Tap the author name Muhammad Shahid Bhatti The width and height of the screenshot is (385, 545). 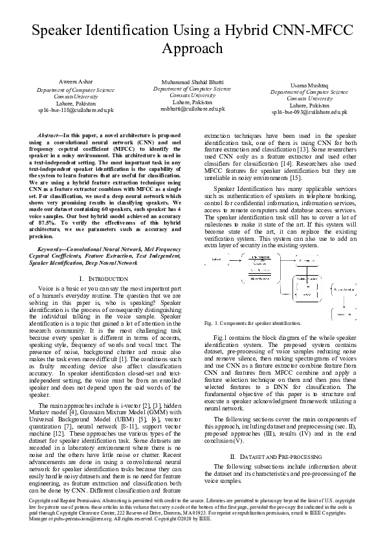(x=186, y=83)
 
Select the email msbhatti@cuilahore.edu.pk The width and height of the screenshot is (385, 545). (x=192, y=109)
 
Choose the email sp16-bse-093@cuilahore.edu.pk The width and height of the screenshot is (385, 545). (x=310, y=112)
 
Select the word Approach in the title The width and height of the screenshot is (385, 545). (x=192, y=49)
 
